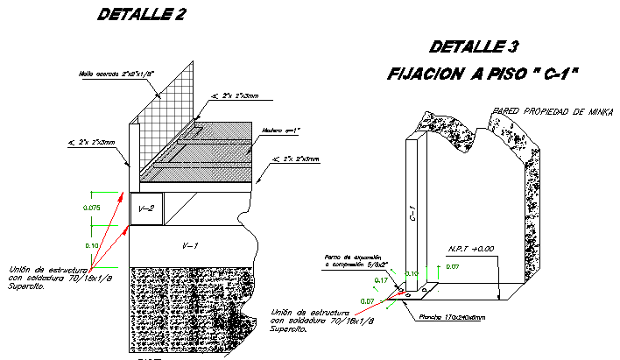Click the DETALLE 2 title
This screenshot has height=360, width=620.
(x=142, y=14)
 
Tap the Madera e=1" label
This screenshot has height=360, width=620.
(x=282, y=131)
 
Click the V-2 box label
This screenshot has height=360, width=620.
(x=145, y=209)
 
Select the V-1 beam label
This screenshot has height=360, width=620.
(x=188, y=246)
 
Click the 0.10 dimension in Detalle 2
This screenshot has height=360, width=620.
(x=92, y=246)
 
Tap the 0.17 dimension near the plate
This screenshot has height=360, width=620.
(x=381, y=280)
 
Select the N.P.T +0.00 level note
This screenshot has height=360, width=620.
(x=471, y=249)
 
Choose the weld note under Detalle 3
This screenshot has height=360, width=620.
(x=311, y=321)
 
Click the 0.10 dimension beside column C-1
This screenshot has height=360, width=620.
(x=412, y=274)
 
